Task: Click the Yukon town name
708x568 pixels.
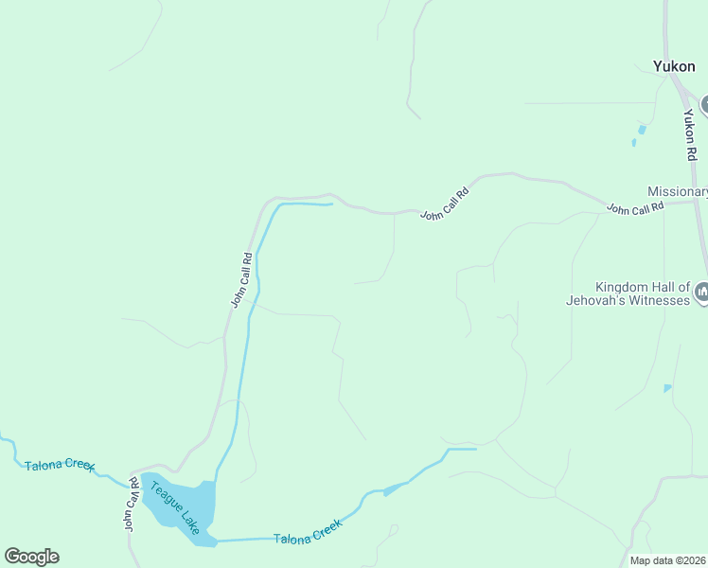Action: tap(674, 66)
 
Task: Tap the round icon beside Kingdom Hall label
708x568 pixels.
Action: tap(701, 293)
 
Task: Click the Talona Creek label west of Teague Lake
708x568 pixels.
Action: tap(60, 466)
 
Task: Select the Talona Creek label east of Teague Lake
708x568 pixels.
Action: tap(307, 537)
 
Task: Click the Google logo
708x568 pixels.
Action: tap(31, 557)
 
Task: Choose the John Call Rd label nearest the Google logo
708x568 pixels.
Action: tap(132, 506)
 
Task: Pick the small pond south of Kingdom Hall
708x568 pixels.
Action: tap(668, 388)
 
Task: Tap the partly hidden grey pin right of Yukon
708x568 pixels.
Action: tap(704, 104)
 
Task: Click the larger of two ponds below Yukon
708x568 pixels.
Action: tap(643, 129)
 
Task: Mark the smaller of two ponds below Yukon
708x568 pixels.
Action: tap(633, 144)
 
